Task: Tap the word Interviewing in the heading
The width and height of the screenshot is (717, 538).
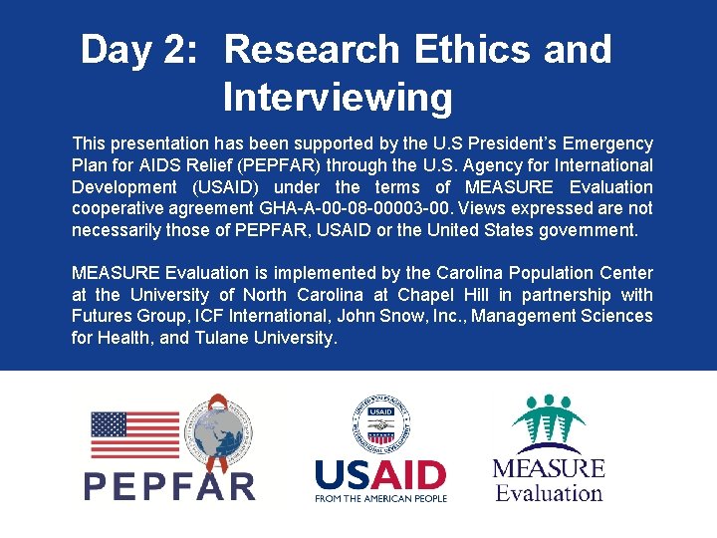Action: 338,98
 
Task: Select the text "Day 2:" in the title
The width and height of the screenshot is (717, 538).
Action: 137,49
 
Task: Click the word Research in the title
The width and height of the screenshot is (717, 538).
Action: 311,49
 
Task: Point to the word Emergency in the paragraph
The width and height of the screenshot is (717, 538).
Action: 608,143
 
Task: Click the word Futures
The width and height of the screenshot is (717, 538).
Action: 102,317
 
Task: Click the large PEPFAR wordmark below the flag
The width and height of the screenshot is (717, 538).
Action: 169,485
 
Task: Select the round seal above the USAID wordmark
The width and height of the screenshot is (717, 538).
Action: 381,423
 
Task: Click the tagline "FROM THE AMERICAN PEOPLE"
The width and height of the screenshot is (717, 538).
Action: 380,498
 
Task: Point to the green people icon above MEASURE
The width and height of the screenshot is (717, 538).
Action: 548,423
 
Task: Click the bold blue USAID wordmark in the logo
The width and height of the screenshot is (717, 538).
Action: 380,474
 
